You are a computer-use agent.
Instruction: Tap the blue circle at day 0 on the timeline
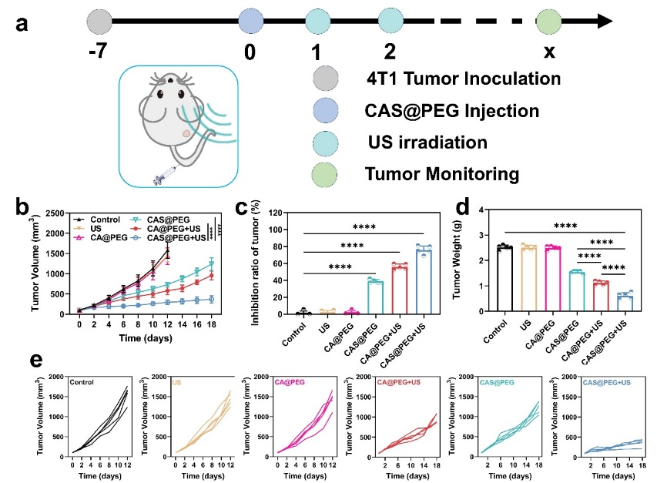pyautogui.click(x=252, y=20)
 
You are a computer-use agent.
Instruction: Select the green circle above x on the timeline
pyautogui.click(x=549, y=20)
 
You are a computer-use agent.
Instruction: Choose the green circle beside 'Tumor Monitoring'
pyautogui.click(x=326, y=174)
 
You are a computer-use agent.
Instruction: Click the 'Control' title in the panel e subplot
pyautogui.click(x=83, y=381)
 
